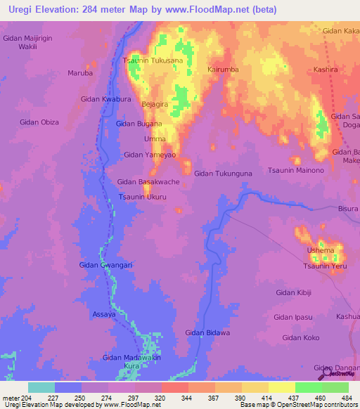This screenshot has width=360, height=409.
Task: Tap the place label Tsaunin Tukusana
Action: coord(153,60)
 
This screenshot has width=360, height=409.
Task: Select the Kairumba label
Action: coord(224,70)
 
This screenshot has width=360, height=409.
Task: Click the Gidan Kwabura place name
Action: coord(106,100)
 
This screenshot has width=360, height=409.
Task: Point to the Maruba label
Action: coord(79,72)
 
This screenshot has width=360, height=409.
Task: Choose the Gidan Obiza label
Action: coord(39,122)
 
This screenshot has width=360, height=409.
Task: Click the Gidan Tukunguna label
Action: coord(223,173)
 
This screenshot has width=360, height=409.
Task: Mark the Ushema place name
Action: coord(320,251)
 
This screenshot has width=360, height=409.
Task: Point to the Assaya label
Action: coord(104,315)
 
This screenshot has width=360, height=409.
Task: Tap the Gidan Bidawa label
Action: coord(207,332)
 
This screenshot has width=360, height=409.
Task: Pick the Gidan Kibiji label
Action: coord(293,292)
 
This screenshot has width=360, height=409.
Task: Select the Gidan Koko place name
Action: coord(301,338)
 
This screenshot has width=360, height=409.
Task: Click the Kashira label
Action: coord(326,70)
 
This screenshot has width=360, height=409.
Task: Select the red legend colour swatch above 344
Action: coord(174,387)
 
